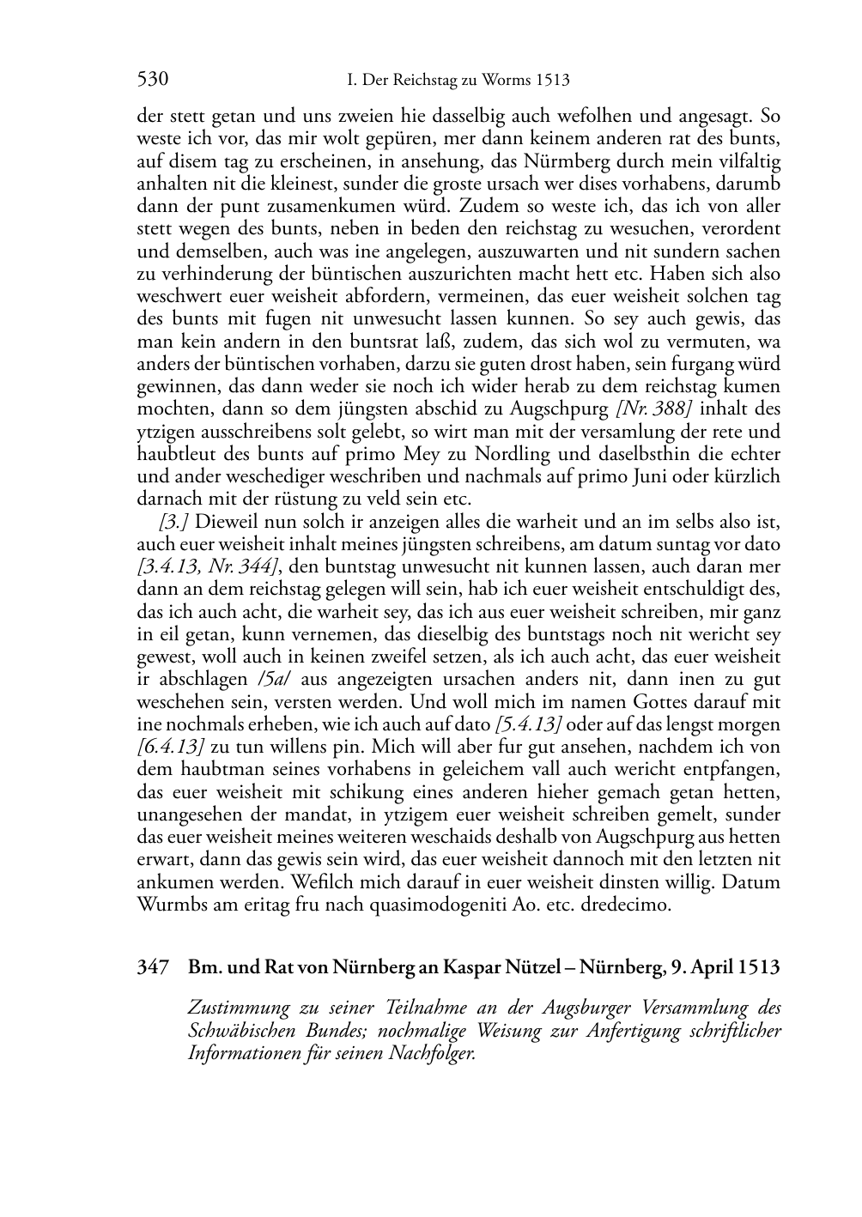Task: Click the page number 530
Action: pyautogui.click(x=152, y=81)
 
